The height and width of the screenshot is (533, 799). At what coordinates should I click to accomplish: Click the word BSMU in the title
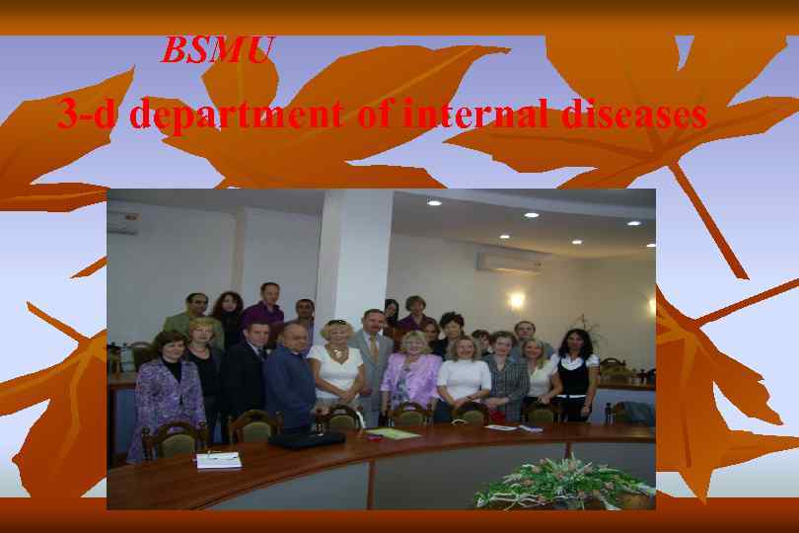(x=216, y=50)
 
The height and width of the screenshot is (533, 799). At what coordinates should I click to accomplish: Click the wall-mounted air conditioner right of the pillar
(x=510, y=262)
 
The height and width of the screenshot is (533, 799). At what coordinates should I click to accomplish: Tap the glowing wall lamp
(x=516, y=299)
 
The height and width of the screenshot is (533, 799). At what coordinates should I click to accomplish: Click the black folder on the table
(x=305, y=439)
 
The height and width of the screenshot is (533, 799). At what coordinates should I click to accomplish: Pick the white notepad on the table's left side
(x=218, y=460)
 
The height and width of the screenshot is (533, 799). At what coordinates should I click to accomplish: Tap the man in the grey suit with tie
(x=374, y=360)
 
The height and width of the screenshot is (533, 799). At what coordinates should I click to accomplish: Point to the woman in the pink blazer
(x=411, y=375)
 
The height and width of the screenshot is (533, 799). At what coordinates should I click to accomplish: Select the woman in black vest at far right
(x=573, y=370)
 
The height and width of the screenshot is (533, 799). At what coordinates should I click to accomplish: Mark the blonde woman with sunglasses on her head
(x=336, y=370)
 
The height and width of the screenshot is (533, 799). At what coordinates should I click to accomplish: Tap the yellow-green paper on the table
(x=395, y=433)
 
